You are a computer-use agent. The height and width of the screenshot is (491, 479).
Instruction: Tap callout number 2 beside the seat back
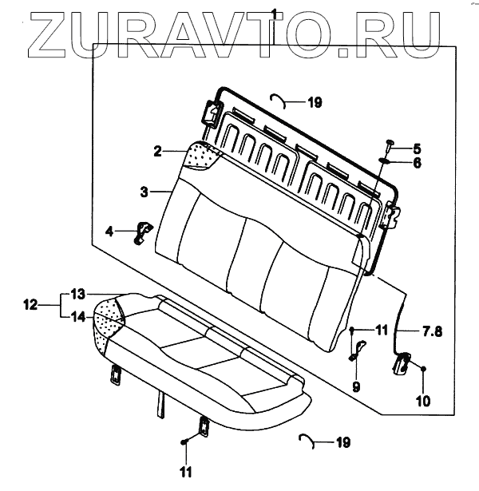coord(158,150)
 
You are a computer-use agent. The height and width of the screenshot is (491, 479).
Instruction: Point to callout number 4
coord(109,232)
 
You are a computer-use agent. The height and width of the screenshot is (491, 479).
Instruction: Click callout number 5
coord(417,148)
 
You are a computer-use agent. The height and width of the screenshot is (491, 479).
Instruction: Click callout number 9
coord(357,386)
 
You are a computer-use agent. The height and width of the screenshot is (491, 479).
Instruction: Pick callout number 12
coord(30,304)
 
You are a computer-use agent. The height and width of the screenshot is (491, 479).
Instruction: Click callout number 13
coord(77,292)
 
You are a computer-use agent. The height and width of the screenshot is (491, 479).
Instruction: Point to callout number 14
coord(77,316)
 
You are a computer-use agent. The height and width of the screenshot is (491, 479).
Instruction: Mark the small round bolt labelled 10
coord(423,368)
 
